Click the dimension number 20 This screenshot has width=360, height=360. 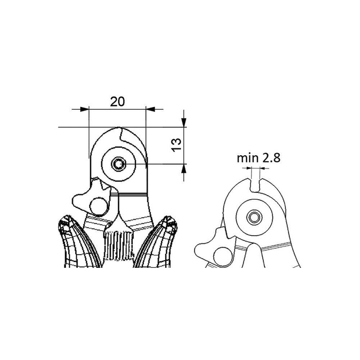[117, 102]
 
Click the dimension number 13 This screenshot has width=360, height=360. [176, 145]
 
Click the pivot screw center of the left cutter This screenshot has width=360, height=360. [119, 164]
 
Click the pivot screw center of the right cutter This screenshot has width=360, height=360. [254, 217]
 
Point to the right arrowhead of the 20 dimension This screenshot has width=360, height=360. [150, 109]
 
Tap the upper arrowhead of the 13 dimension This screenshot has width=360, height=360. [184, 122]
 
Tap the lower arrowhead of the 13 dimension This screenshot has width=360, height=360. [184, 168]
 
